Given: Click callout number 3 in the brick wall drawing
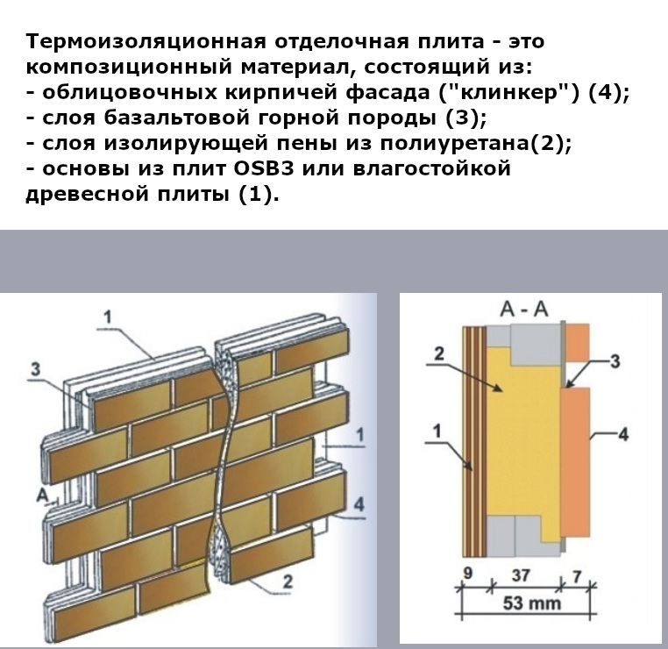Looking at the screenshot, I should click(x=34, y=369).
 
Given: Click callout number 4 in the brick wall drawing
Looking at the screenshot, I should click(x=359, y=502).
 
